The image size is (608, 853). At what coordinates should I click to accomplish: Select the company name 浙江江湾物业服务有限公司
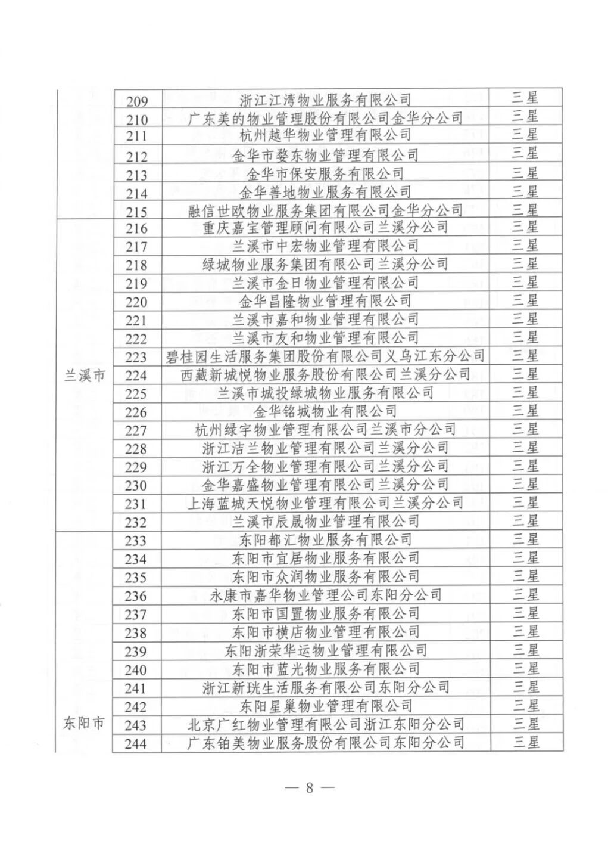325,100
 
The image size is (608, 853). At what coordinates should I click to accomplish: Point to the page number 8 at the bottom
309,787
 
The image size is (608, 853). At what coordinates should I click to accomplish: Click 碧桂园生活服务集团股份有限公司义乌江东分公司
325,356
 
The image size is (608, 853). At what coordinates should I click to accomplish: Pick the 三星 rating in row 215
525,210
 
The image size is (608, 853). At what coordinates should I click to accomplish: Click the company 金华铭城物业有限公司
325,411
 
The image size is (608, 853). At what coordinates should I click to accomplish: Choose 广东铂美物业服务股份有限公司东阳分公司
325,743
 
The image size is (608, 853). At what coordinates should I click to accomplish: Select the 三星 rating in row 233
525,539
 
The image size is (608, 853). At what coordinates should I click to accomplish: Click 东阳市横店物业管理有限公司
325,631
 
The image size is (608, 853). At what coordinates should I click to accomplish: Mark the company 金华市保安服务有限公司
325,173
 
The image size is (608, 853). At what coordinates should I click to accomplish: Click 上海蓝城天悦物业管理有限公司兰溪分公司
325,503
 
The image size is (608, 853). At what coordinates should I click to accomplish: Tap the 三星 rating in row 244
525,743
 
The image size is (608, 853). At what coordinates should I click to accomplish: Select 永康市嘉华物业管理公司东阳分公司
325,595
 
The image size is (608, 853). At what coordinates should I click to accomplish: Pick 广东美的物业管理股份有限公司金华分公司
325,118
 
